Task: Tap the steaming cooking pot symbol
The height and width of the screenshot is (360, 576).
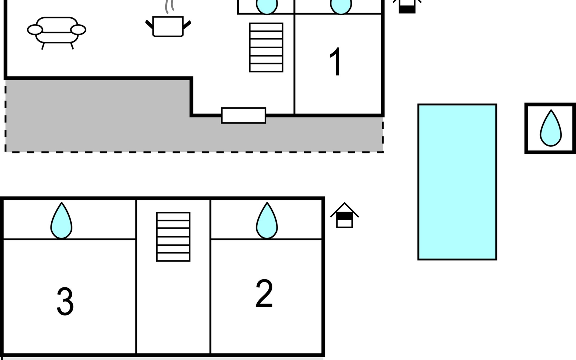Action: click(x=168, y=26)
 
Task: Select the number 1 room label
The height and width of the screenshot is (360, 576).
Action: click(x=335, y=62)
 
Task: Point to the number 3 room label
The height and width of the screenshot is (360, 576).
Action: click(x=65, y=301)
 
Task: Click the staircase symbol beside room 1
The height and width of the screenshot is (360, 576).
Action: click(x=266, y=47)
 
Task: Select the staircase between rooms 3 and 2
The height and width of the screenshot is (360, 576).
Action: click(x=173, y=237)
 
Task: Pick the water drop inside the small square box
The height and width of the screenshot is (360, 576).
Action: click(x=550, y=129)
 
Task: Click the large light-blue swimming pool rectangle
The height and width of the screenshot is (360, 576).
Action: click(x=457, y=182)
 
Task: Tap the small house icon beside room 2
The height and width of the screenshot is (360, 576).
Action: click(x=344, y=216)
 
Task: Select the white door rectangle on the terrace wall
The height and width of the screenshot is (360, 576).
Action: click(x=244, y=115)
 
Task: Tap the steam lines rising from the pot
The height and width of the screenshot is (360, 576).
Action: click(x=169, y=7)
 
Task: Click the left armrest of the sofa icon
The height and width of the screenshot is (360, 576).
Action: click(x=35, y=30)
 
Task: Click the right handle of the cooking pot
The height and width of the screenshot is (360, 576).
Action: click(x=187, y=25)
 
